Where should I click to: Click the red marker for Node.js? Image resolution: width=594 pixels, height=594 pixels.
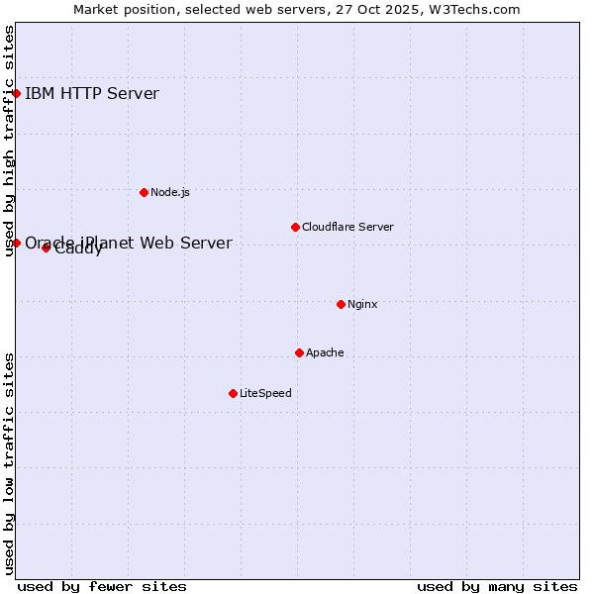[144, 192]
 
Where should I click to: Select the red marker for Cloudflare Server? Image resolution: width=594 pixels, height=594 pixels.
[295, 227]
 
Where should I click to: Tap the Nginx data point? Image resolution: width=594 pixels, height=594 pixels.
[341, 304]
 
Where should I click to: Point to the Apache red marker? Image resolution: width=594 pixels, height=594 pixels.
[299, 352]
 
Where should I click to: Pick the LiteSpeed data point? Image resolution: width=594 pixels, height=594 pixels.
[233, 393]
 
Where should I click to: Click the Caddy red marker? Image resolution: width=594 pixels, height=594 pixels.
[46, 247]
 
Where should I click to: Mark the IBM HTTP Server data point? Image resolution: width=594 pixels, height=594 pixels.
[17, 94]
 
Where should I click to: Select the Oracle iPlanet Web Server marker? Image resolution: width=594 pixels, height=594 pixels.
[17, 243]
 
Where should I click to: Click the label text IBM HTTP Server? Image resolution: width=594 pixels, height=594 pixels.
[91, 94]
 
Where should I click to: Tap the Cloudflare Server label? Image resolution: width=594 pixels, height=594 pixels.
[347, 227]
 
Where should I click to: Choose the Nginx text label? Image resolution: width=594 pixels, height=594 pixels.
[362, 304]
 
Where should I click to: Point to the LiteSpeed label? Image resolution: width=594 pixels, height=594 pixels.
[265, 393]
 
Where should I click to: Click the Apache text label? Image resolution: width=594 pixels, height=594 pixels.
[325, 352]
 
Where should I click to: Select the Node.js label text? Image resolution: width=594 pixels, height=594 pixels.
[170, 192]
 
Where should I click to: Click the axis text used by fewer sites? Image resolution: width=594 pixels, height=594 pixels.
[102, 586]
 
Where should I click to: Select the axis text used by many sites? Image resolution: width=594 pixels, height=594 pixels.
[497, 586]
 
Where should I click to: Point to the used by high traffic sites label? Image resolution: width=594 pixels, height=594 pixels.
[9, 141]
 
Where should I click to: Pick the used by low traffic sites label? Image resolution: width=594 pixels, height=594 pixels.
[9, 463]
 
